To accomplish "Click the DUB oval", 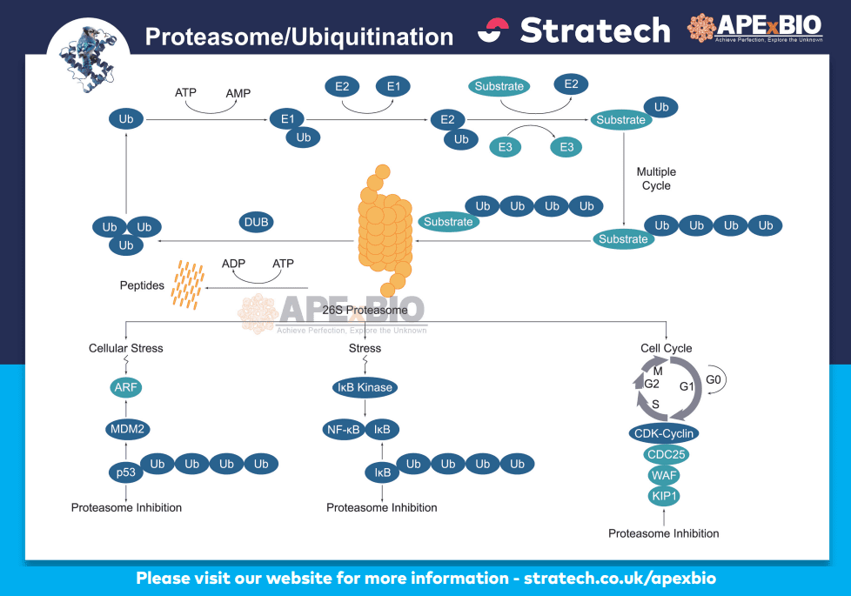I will (256, 222).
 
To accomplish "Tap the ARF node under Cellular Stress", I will (126, 387).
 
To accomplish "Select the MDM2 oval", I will (126, 428).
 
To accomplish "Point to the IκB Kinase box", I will (364, 387).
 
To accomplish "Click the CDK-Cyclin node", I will (664, 432).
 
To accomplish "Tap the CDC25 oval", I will (665, 454).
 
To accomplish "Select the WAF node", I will (664, 475).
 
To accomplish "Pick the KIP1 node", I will (664, 496).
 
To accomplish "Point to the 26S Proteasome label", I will (365, 310).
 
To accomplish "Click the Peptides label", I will (142, 285).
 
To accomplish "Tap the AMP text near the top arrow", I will (238, 92).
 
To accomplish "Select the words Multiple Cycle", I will (656, 178).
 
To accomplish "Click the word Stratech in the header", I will (595, 31).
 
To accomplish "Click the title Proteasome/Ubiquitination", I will (298, 37).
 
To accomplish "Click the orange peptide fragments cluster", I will (187, 284).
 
